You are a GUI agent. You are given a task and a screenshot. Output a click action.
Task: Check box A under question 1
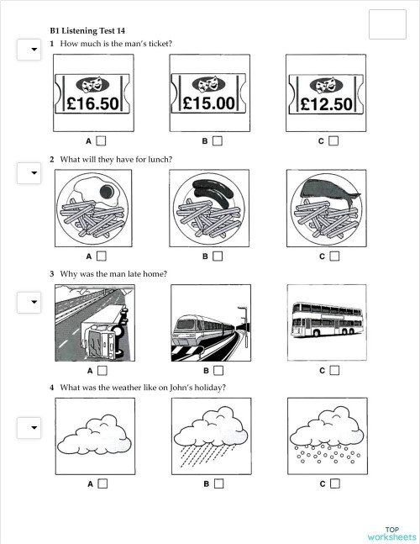tap(102, 141)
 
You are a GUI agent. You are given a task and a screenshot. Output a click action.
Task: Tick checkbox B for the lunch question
tap(218, 256)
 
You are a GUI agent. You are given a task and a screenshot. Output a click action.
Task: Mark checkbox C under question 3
tap(334, 370)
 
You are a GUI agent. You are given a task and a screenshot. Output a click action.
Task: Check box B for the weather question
tap(218, 483)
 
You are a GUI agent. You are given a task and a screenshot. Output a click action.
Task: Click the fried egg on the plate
tap(103, 192)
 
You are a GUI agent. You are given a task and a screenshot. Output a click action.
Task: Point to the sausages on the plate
tap(209, 193)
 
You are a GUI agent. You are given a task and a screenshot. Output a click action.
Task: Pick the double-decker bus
tap(326, 320)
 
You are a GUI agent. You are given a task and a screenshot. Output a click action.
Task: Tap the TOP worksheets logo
tap(391, 533)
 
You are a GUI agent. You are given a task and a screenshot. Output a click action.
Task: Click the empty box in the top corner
tap(387, 23)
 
